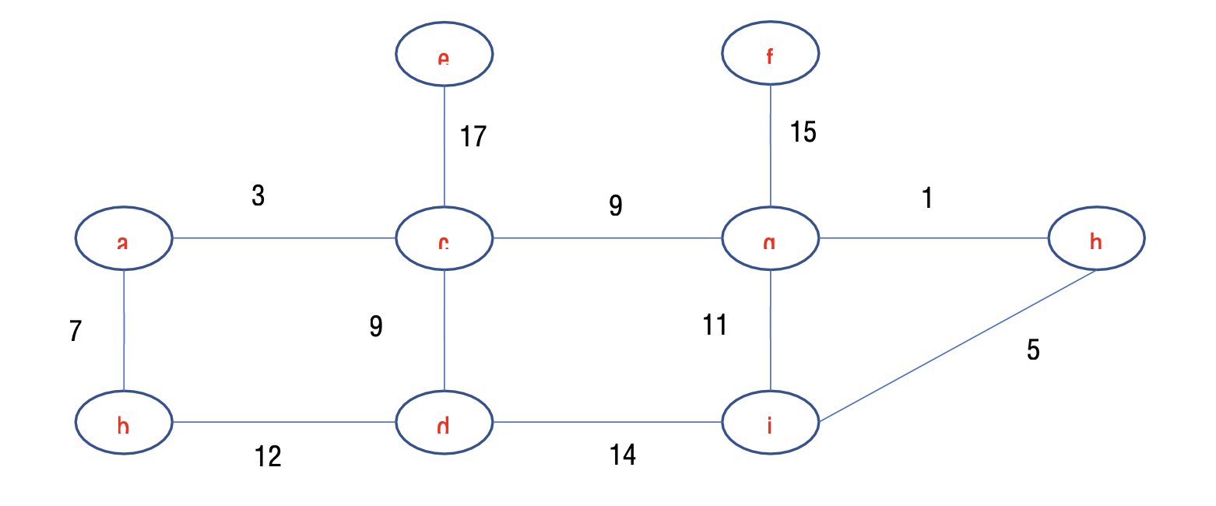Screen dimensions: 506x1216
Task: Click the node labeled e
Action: click(x=444, y=54)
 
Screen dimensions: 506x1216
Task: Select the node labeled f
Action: click(x=770, y=54)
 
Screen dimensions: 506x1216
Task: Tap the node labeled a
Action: click(x=124, y=238)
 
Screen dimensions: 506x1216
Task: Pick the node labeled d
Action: click(x=444, y=423)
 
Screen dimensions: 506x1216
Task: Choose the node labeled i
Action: click(x=770, y=423)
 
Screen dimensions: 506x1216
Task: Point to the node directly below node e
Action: click(x=444, y=238)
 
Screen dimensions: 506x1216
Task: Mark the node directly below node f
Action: click(x=770, y=238)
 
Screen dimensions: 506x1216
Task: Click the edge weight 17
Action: click(x=473, y=137)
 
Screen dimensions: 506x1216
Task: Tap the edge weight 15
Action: click(x=803, y=133)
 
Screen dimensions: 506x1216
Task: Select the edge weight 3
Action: click(x=258, y=197)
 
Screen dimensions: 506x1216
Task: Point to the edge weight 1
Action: click(x=926, y=199)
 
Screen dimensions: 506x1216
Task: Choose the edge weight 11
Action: click(x=715, y=325)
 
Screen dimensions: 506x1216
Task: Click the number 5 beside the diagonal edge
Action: click(x=1033, y=351)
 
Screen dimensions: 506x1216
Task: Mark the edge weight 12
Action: click(x=268, y=457)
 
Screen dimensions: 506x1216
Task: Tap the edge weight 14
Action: click(x=623, y=455)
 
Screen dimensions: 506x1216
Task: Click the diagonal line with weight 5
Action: click(x=958, y=346)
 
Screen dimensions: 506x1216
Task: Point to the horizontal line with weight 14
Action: click(x=607, y=423)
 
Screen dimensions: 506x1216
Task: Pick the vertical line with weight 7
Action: click(x=124, y=330)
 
